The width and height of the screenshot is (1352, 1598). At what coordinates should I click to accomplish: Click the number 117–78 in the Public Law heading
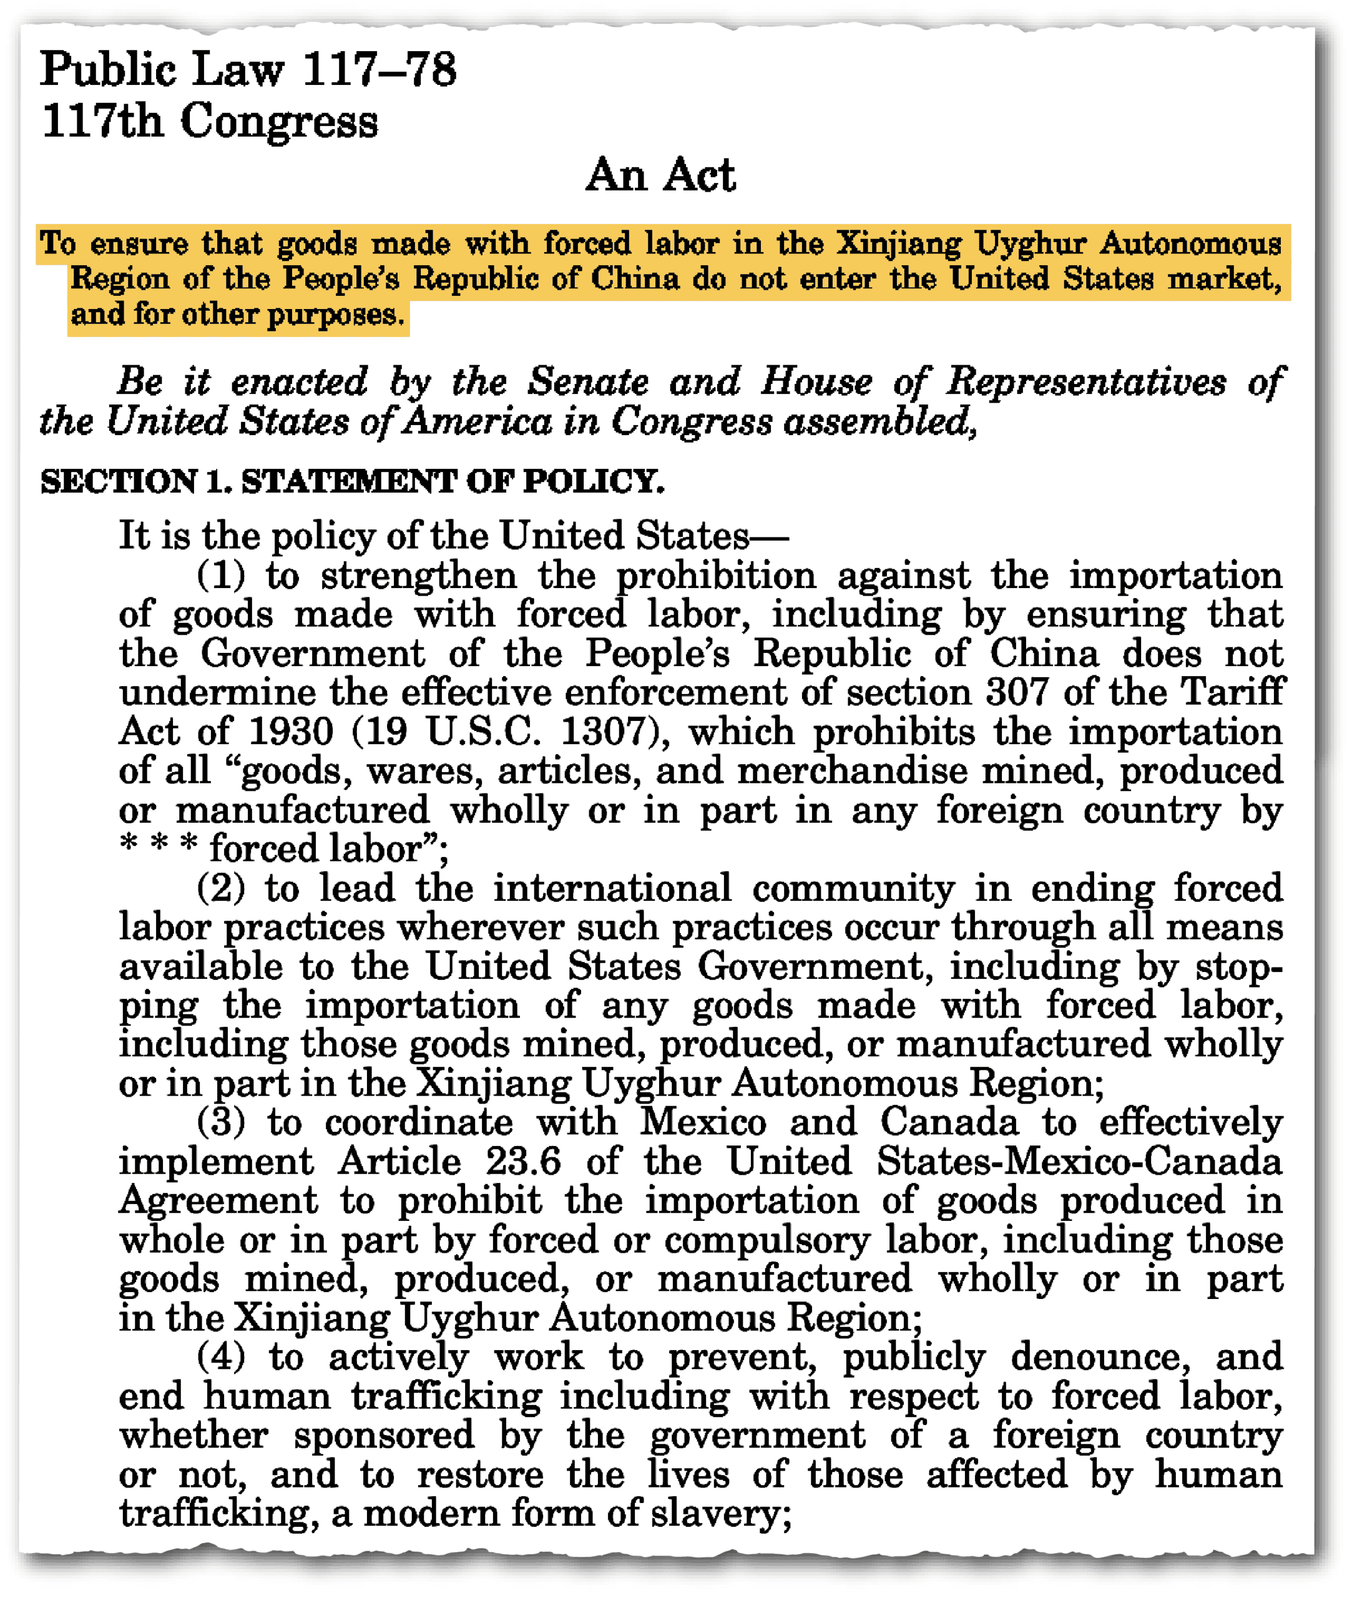[379, 70]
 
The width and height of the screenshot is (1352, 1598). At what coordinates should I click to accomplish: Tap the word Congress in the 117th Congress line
[279, 122]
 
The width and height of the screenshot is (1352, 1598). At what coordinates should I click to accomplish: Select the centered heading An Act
[660, 175]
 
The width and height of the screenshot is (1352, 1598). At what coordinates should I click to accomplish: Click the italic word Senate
[588, 381]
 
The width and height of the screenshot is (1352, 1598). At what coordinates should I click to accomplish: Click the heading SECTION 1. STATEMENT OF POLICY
[352, 481]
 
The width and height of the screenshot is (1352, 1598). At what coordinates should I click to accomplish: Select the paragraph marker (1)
[221, 576]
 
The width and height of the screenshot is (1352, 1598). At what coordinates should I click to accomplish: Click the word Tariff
[1232, 692]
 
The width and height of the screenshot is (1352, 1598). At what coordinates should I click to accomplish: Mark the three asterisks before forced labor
[159, 846]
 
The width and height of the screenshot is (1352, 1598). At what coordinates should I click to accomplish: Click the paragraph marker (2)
[221, 888]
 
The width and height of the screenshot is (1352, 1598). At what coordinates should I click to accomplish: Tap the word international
[612, 888]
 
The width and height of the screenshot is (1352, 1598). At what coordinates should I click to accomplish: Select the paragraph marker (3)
[221, 1123]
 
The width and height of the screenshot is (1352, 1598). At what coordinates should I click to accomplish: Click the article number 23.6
[522, 1162]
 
